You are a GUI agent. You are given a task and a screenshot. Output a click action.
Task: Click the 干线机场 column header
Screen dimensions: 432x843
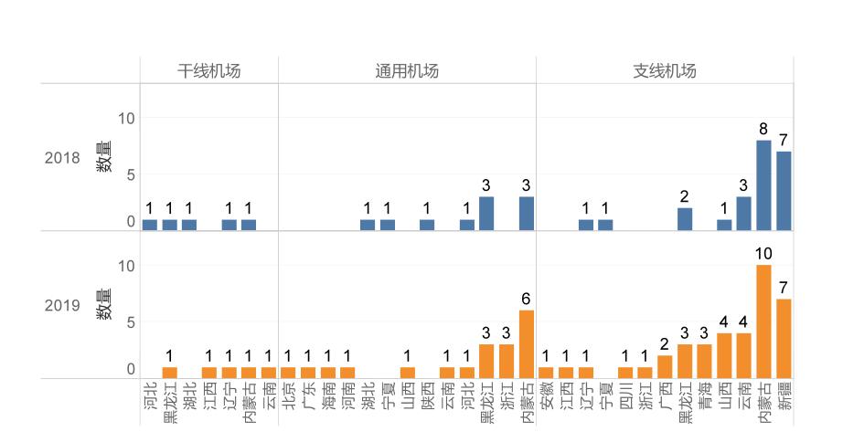(x=209, y=70)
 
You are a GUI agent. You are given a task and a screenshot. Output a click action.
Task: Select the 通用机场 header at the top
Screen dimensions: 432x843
(x=407, y=70)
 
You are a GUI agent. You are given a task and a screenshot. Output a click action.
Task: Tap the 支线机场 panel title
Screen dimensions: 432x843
(x=665, y=70)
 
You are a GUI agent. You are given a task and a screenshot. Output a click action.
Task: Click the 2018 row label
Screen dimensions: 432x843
(x=62, y=157)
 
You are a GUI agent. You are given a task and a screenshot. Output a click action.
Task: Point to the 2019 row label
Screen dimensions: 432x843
(x=62, y=305)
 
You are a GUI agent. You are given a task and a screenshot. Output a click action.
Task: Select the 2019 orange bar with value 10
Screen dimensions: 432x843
(x=763, y=321)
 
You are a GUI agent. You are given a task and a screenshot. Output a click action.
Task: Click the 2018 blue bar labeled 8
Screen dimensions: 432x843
(x=763, y=184)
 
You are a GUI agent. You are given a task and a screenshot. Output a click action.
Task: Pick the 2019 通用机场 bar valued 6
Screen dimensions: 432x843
(x=527, y=344)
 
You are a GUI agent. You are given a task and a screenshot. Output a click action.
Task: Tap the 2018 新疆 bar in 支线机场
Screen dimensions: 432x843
(x=784, y=190)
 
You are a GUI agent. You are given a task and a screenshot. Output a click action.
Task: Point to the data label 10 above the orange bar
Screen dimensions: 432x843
(x=763, y=251)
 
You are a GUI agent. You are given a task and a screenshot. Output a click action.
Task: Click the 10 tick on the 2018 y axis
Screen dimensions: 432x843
(x=126, y=119)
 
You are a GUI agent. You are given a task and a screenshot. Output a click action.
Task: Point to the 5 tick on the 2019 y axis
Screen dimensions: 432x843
(x=131, y=322)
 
